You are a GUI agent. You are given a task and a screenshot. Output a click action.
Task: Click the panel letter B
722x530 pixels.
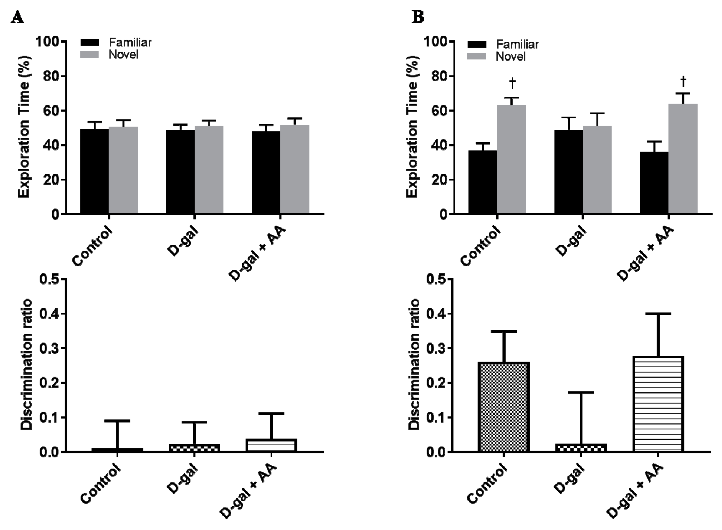418,18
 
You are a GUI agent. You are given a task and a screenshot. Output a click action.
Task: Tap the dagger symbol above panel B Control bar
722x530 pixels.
512,83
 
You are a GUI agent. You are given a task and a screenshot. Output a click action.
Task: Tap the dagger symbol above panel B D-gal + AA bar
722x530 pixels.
683,81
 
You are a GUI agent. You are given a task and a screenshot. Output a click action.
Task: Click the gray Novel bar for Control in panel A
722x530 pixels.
123,170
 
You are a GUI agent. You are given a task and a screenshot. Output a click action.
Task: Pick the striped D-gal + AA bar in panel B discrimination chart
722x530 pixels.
658,404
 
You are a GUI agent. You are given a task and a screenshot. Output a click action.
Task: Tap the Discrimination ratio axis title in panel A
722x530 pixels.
26,364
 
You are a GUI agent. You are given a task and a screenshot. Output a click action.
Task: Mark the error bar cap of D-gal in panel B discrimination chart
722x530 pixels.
581,392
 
